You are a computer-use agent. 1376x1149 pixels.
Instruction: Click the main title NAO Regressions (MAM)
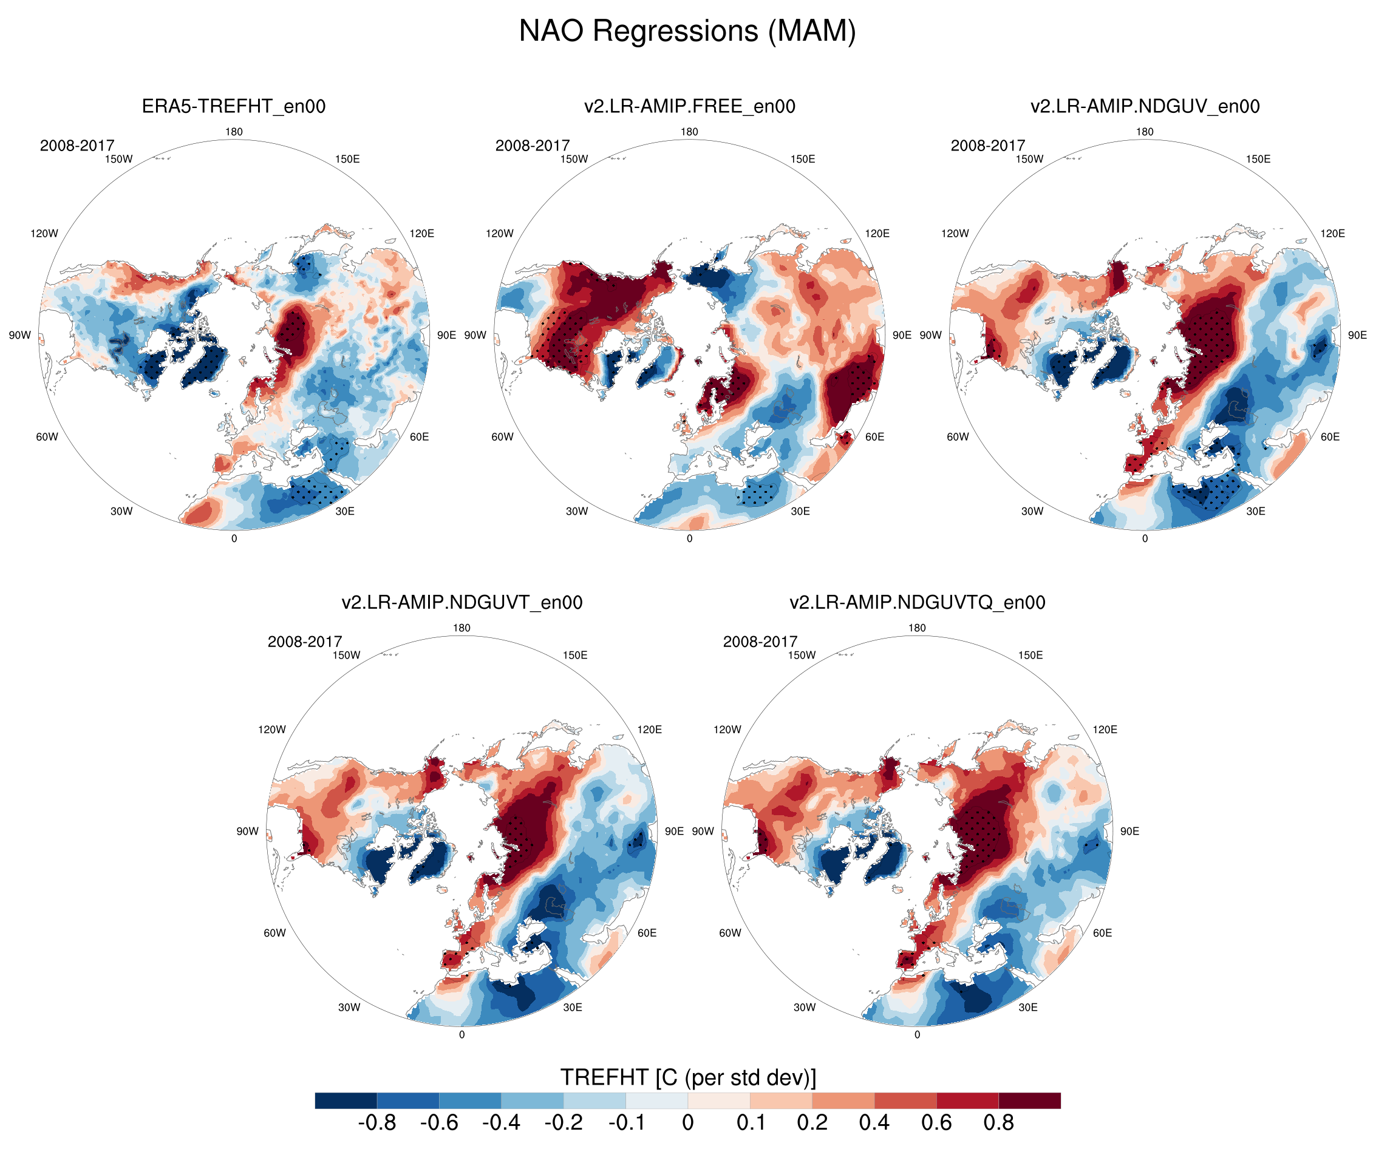[687, 31]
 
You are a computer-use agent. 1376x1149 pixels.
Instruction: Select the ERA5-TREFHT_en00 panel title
[234, 106]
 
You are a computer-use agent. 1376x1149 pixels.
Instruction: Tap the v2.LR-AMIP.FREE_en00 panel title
[689, 106]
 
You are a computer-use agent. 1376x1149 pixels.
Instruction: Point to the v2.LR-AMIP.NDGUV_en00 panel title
[1145, 106]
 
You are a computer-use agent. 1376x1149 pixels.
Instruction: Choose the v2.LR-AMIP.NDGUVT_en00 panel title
[462, 602]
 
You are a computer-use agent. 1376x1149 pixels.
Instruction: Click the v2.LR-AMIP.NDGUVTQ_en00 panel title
[918, 602]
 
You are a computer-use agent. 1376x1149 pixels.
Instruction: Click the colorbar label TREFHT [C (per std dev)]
[688, 1077]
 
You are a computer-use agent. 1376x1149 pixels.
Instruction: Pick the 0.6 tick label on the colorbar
[936, 1122]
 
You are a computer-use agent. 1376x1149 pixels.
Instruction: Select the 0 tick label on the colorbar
[687, 1122]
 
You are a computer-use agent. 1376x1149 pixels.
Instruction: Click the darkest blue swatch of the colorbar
[346, 1100]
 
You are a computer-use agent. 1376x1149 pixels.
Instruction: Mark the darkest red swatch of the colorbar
[1029, 1100]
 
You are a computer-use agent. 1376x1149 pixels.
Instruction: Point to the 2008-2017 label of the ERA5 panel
[77, 146]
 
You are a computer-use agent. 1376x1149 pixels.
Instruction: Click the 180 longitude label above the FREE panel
[689, 132]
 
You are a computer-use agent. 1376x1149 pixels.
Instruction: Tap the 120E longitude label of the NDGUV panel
[1332, 233]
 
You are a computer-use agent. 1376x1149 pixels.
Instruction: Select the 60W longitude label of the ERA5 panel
[47, 437]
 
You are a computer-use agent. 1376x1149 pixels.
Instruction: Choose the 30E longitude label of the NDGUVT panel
[572, 1007]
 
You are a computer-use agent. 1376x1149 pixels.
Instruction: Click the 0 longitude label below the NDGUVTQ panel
[918, 1034]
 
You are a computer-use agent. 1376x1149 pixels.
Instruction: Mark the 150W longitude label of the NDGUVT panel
[346, 655]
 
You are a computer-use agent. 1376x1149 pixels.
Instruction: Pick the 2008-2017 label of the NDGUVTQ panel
[760, 642]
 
